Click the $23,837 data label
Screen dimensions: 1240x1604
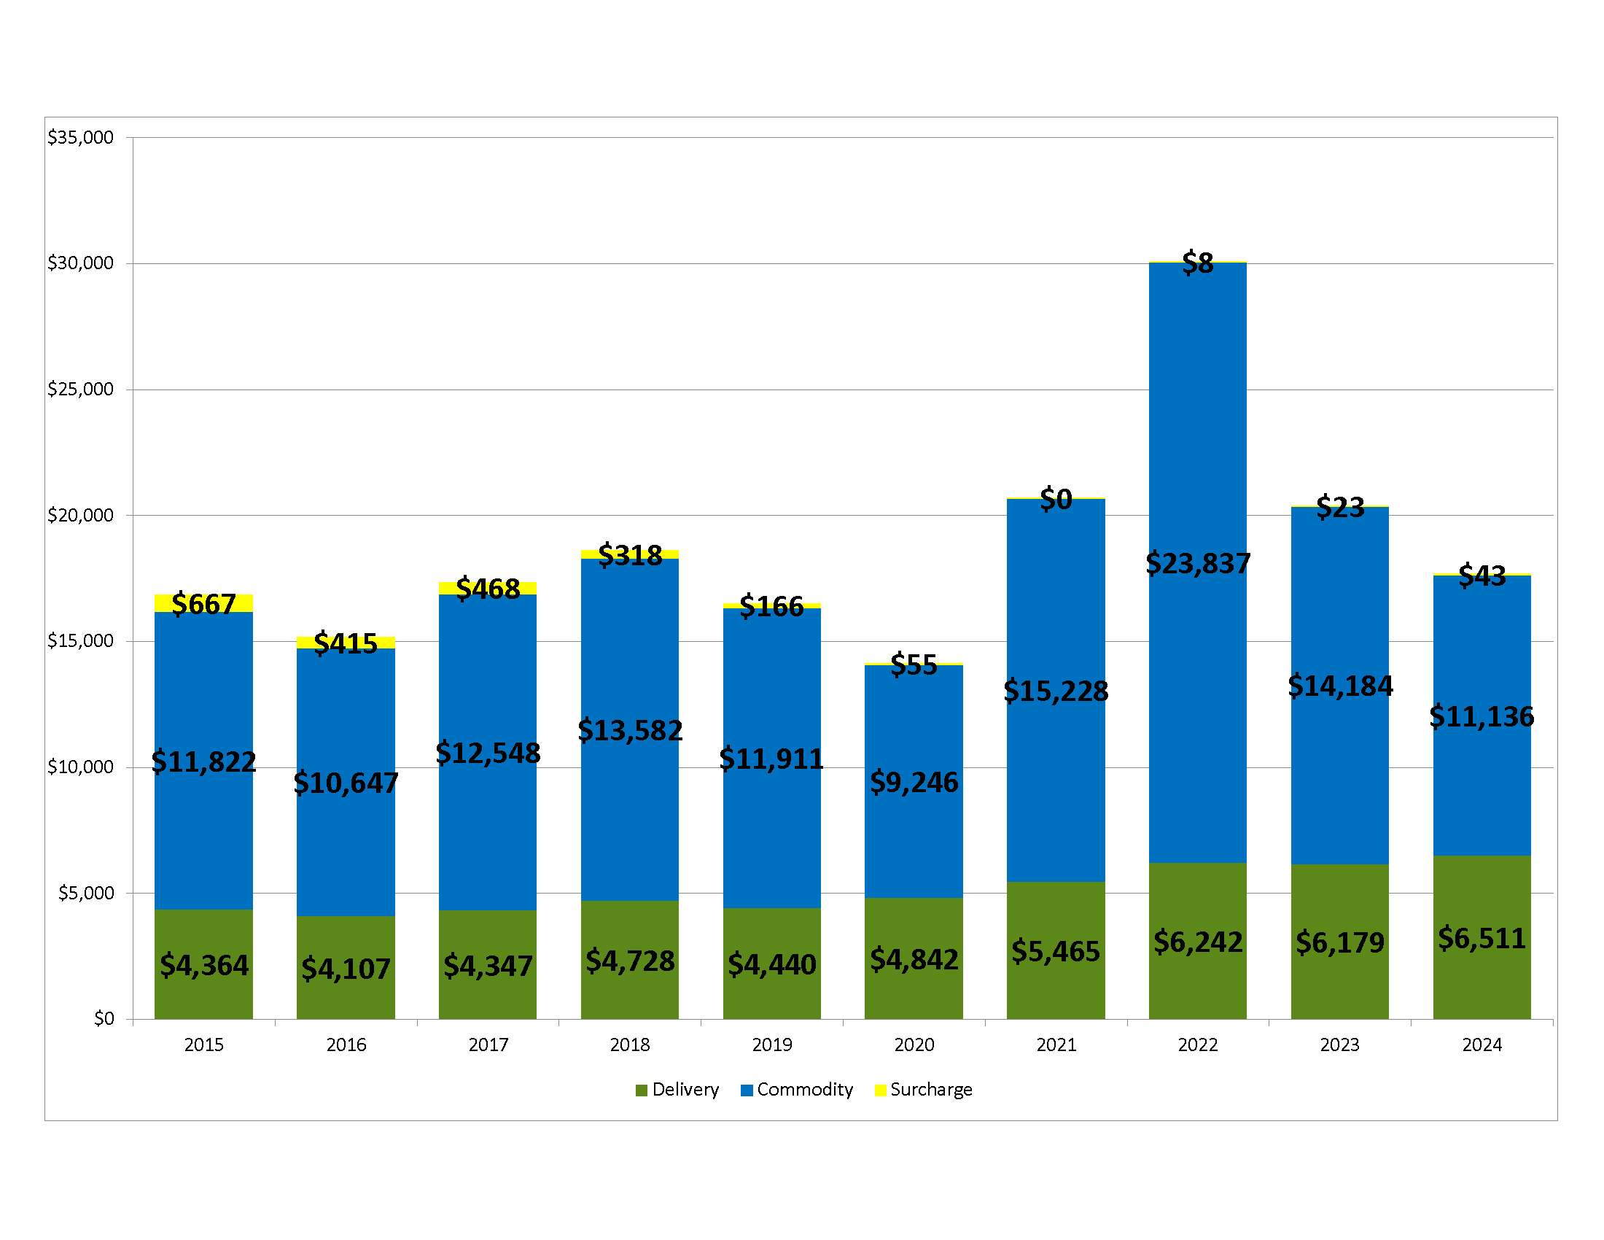click(1197, 563)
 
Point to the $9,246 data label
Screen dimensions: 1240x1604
click(914, 783)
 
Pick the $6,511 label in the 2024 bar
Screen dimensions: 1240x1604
click(1482, 938)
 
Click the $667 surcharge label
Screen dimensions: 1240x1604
click(203, 604)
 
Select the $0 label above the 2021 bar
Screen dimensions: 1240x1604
click(1056, 500)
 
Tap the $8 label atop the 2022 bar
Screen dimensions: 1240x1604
click(1197, 263)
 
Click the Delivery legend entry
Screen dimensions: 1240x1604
click(677, 1090)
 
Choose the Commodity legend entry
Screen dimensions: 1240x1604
click(797, 1090)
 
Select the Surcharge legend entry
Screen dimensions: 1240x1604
click(923, 1090)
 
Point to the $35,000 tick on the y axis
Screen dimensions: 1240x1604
click(81, 137)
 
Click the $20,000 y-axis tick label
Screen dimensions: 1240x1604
click(81, 515)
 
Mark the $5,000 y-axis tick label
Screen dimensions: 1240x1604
click(86, 893)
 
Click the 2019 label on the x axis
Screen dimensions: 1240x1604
click(772, 1045)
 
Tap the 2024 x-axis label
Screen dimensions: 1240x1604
click(1482, 1045)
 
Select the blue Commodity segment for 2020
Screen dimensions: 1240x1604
click(914, 845)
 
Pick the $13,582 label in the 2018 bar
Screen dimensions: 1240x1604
click(630, 730)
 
